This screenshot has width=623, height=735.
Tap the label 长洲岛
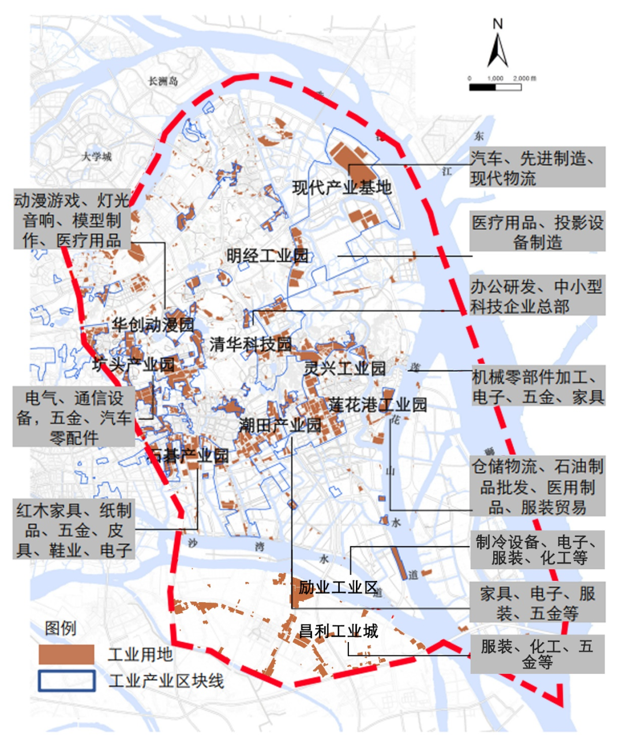point(163,81)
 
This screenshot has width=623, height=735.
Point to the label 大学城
point(96,156)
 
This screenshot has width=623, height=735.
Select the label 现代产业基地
point(341,187)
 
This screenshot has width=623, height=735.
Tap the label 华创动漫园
point(153,324)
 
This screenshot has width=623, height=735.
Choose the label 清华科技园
point(250,345)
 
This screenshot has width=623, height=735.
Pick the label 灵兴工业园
point(344,368)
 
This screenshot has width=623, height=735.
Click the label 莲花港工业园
point(378,405)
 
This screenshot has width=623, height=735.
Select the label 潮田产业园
point(280,426)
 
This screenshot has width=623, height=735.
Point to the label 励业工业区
point(337,588)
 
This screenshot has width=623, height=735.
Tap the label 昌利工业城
point(338,630)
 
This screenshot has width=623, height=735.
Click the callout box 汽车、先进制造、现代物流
point(537,167)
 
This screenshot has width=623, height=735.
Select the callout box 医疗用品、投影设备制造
point(537,232)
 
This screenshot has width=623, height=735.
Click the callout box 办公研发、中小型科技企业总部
point(537,296)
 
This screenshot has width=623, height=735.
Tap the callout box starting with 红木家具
point(74,529)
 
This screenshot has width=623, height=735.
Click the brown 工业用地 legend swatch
point(66,654)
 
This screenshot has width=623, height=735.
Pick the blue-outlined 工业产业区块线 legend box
point(66,681)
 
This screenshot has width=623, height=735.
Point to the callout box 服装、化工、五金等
point(537,654)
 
